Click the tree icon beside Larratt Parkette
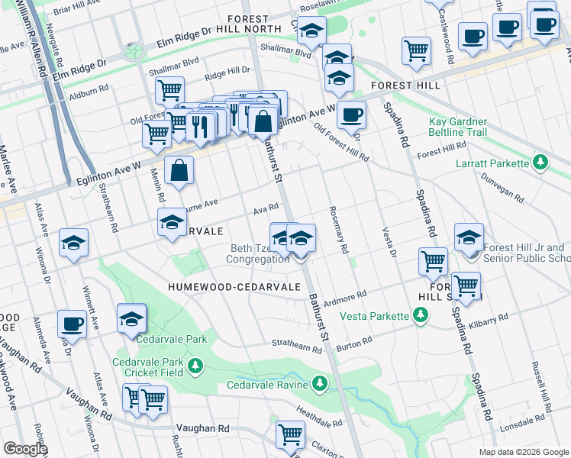[x=540, y=163]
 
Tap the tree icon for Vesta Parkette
[x=419, y=315]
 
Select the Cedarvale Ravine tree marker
[x=319, y=382]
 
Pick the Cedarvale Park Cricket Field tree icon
[x=196, y=366]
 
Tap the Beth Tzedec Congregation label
[x=257, y=253]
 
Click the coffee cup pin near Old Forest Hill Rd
[x=351, y=115]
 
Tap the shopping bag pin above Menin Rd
[x=179, y=171]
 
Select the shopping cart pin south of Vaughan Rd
[x=290, y=434]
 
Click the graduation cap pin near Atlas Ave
[x=74, y=244]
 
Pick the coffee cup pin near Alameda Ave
[x=72, y=324]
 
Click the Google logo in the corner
[x=25, y=449]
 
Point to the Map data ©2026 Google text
[x=523, y=452]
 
